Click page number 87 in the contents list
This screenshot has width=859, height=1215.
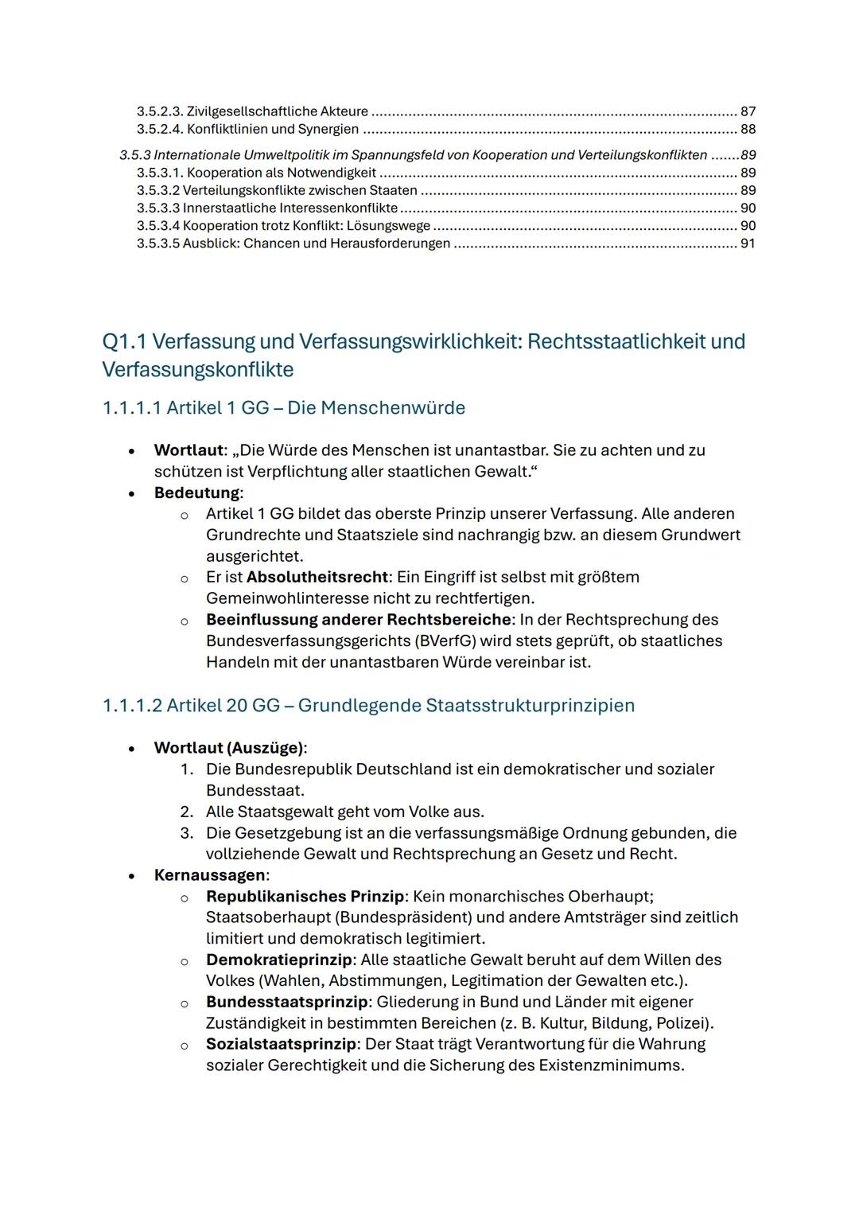[747, 111]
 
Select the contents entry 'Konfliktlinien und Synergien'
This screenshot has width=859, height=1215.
[272, 129]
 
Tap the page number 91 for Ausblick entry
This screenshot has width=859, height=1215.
[747, 243]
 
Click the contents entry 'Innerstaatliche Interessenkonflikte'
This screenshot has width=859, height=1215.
[290, 208]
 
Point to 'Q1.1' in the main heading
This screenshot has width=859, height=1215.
[124, 341]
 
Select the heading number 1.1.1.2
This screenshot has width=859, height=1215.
[131, 706]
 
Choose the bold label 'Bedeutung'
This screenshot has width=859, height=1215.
[196, 493]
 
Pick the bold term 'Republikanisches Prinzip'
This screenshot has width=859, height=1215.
[305, 897]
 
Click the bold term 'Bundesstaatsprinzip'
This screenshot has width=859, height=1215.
[286, 1002]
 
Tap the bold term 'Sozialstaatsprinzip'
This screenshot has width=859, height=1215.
[282, 1044]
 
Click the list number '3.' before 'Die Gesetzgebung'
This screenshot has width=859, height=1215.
[187, 833]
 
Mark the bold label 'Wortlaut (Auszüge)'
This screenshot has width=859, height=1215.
[228, 748]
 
